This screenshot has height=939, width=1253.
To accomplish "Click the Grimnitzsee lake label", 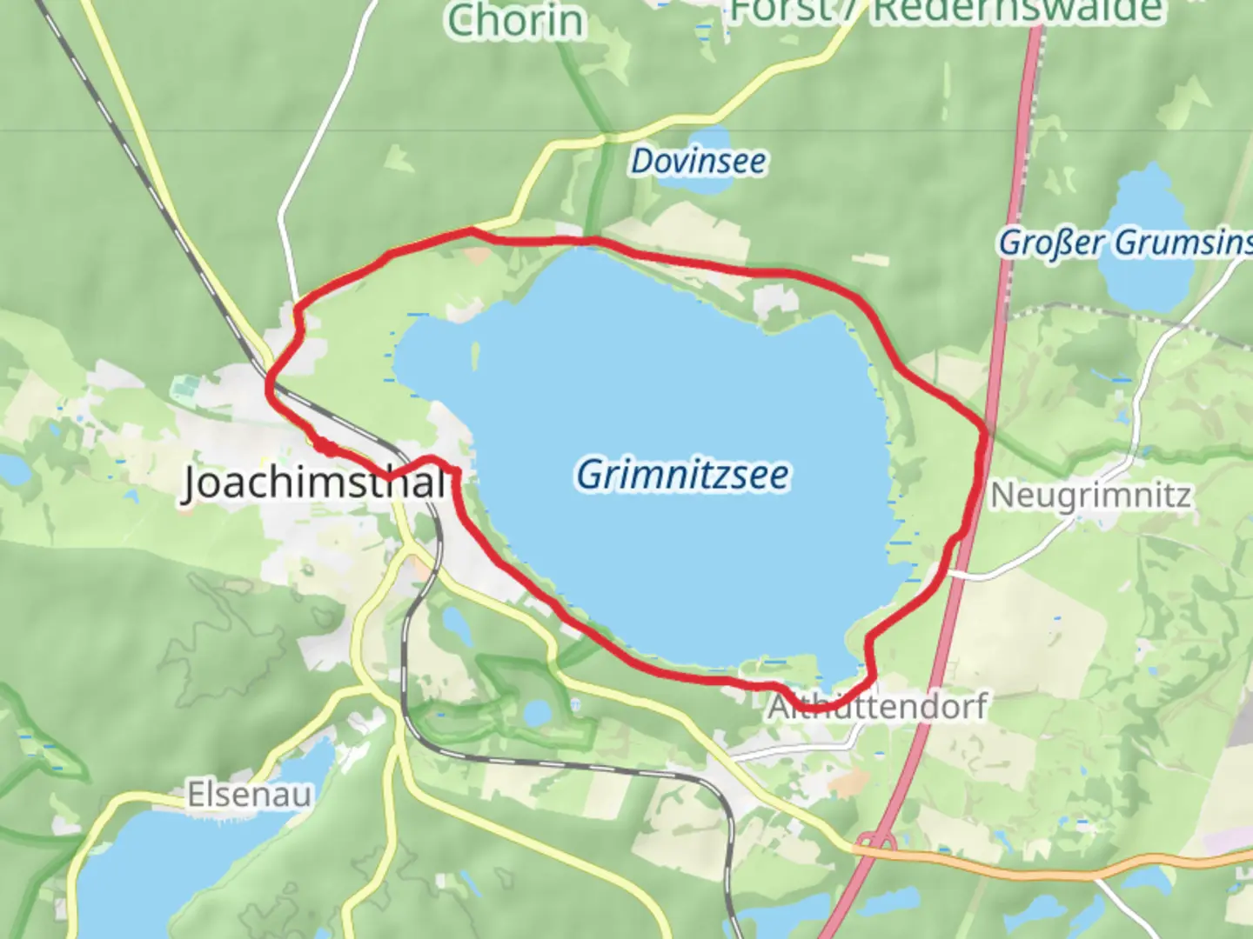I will (x=682, y=475).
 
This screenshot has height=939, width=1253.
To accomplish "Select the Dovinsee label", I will (x=699, y=161).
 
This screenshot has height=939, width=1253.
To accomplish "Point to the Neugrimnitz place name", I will (x=1090, y=496).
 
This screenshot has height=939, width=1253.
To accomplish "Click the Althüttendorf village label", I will (x=877, y=706).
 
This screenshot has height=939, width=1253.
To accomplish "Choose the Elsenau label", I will (x=249, y=795).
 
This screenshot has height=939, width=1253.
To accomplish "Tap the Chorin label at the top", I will (x=515, y=21).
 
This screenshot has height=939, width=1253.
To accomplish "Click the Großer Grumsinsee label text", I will (x=1124, y=243).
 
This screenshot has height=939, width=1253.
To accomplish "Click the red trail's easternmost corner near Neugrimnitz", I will (x=985, y=430).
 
